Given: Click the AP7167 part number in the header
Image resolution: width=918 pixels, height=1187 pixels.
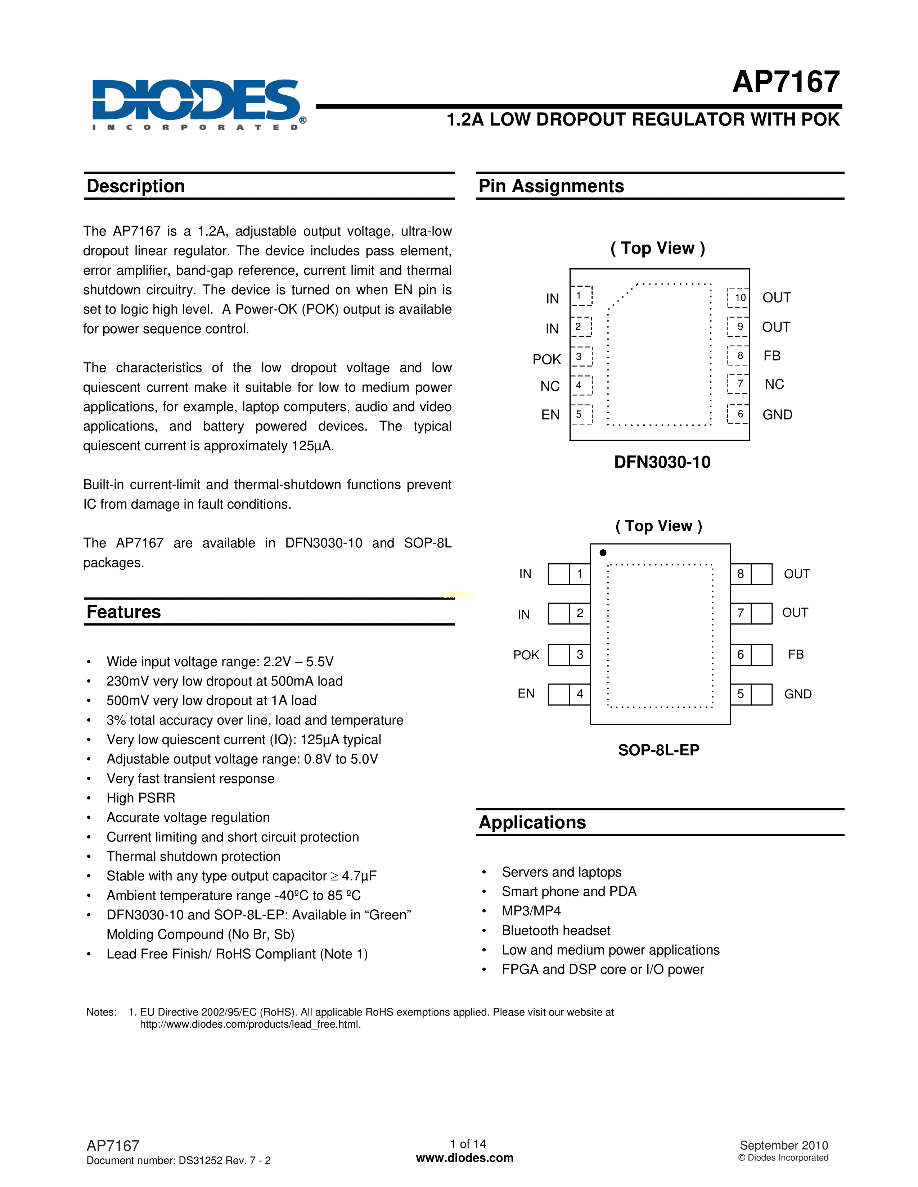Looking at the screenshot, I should (786, 82).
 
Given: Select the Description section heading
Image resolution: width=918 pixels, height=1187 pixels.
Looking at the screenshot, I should (136, 186).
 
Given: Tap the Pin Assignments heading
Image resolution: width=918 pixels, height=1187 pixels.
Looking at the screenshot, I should (551, 186).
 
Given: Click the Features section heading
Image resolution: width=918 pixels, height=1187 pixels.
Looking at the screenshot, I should (124, 612).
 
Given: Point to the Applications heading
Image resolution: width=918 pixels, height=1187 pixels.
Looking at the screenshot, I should (532, 822).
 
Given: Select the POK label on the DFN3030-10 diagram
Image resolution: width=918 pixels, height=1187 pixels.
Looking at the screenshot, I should (546, 359).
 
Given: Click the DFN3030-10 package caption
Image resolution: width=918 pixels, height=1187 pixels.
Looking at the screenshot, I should (662, 462).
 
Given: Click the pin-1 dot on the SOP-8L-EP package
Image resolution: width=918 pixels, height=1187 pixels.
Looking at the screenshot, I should (603, 553).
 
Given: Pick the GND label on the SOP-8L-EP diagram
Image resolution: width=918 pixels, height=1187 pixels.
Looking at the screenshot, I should (798, 694).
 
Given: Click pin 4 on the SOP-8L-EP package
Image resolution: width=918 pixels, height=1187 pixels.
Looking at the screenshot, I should (580, 694).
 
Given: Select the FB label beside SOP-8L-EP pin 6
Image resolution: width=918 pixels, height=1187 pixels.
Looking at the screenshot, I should (796, 654).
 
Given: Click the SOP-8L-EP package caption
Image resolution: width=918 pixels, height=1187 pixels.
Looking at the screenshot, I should (658, 750).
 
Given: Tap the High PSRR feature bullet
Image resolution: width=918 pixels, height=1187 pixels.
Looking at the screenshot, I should (141, 798).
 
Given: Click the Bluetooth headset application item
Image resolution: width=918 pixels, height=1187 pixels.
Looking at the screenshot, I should (556, 931).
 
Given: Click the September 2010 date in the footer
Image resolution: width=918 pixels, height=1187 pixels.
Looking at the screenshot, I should (784, 1145).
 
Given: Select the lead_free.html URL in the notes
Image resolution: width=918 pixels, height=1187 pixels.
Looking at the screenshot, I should (250, 1024).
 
